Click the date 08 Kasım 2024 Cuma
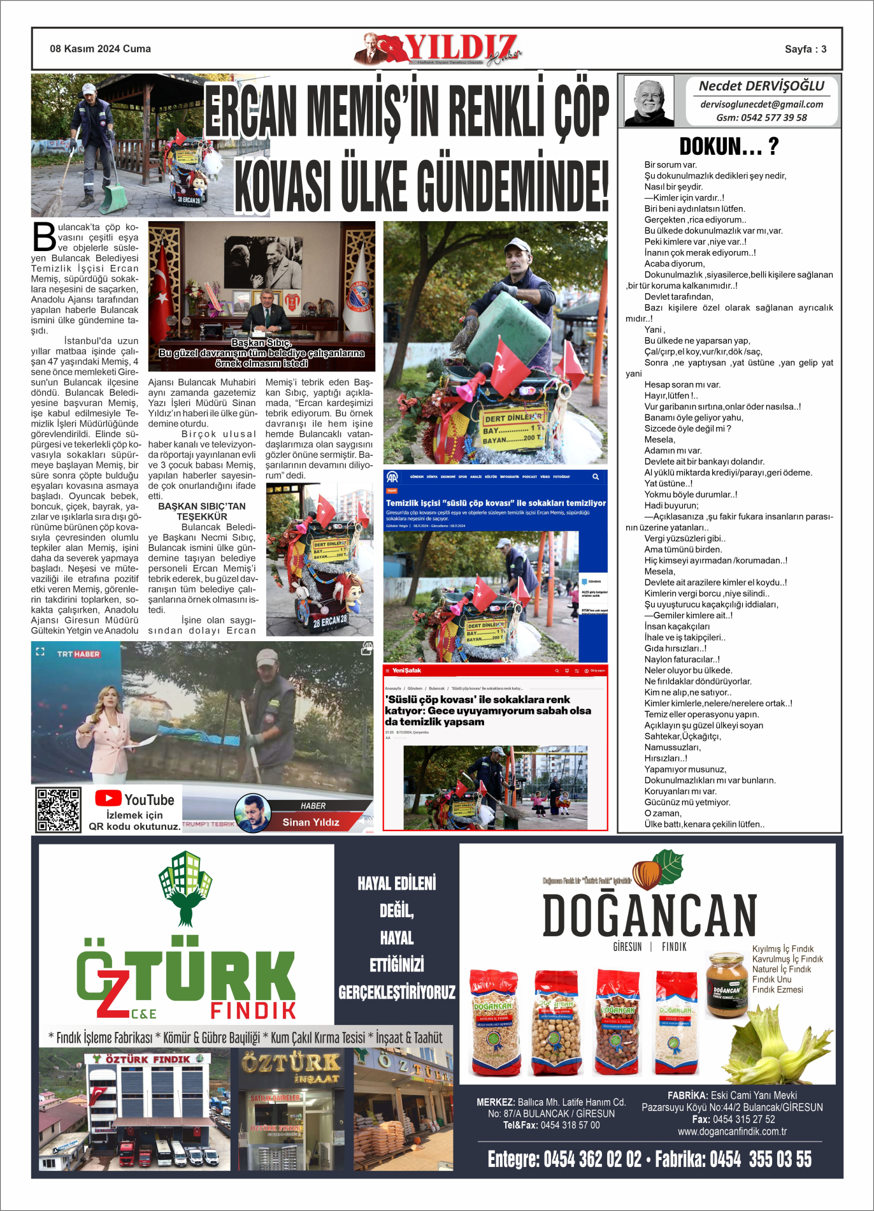(x=101, y=49)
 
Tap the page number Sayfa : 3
(x=805, y=49)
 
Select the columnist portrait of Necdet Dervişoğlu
(x=649, y=101)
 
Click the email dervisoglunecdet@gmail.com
(x=761, y=104)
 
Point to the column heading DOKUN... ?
(x=729, y=147)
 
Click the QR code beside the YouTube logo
(x=58, y=809)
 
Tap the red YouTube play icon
(x=108, y=798)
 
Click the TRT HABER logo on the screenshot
(x=78, y=654)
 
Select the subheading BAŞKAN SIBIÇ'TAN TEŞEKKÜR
(x=202, y=511)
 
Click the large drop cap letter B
(x=44, y=236)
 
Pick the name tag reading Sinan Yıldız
(x=311, y=822)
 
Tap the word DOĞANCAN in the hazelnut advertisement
(x=649, y=916)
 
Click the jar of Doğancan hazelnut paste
(x=726, y=984)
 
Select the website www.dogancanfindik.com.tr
(x=732, y=1131)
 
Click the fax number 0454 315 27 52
(x=743, y=1119)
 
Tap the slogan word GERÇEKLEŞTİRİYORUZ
(x=397, y=992)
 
